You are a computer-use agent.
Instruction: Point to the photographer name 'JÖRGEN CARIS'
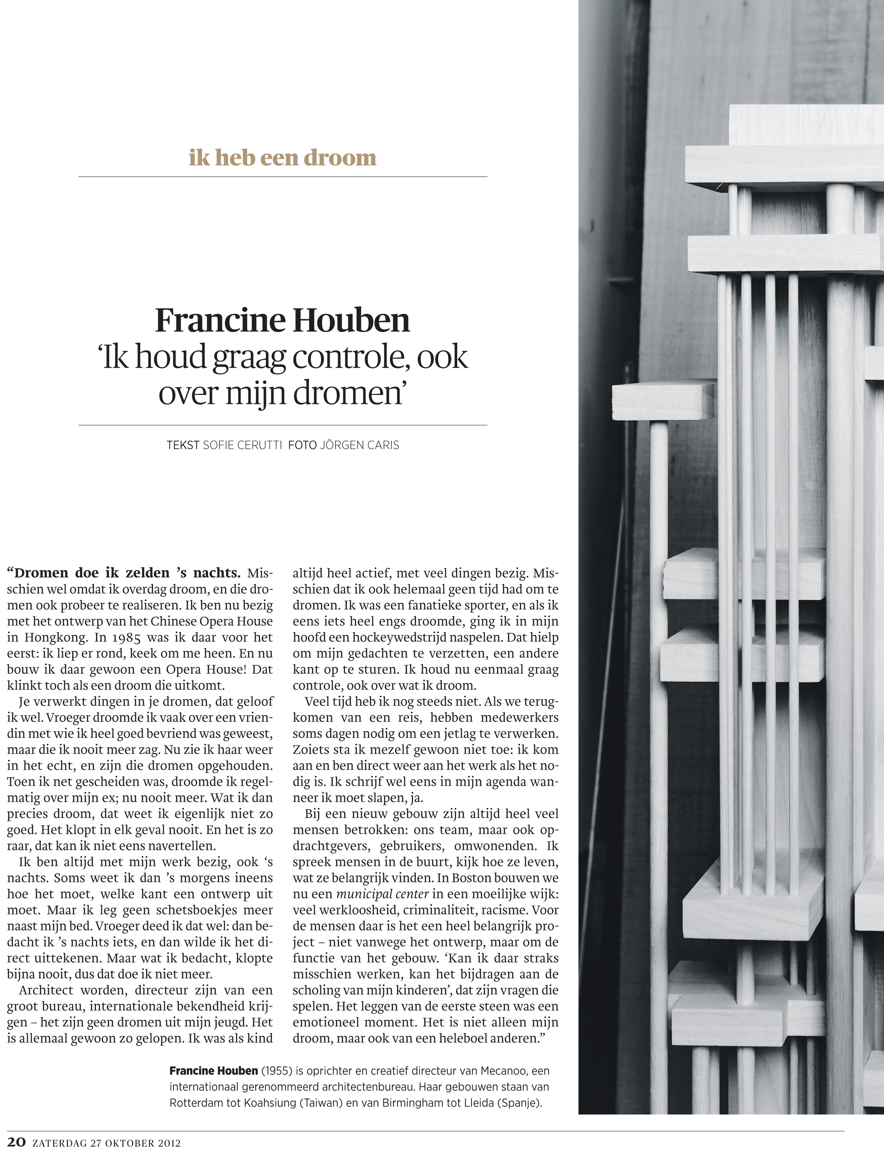click(360, 445)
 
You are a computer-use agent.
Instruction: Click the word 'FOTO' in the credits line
click(302, 445)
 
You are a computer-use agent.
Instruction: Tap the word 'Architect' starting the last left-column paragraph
click(46, 990)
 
